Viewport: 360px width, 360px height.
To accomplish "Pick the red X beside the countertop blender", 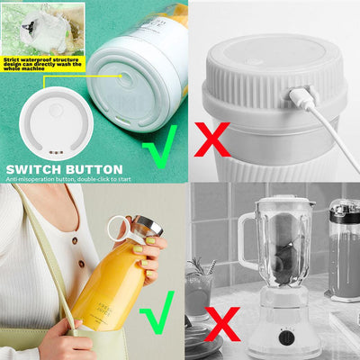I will pos(222,321).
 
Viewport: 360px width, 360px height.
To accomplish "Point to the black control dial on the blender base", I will pos(286,337).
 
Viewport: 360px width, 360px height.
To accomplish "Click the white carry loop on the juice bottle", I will pos(117,230).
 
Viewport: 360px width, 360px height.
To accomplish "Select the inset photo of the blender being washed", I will pos(41,25).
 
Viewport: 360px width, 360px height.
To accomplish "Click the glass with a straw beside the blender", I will pos(199,288).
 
